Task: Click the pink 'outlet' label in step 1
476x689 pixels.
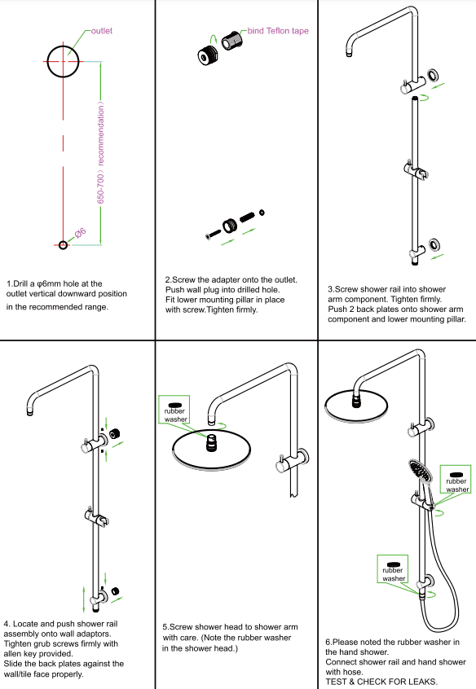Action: click(101, 31)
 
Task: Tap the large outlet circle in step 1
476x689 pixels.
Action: click(64, 62)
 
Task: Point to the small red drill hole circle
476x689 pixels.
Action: click(64, 244)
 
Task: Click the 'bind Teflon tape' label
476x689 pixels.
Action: click(280, 31)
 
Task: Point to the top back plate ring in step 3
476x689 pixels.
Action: click(432, 76)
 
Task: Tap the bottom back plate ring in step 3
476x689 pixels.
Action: click(432, 244)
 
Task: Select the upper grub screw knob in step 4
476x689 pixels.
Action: click(117, 432)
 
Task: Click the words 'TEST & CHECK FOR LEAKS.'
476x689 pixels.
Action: click(381, 681)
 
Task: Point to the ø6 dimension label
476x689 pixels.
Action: click(80, 234)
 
